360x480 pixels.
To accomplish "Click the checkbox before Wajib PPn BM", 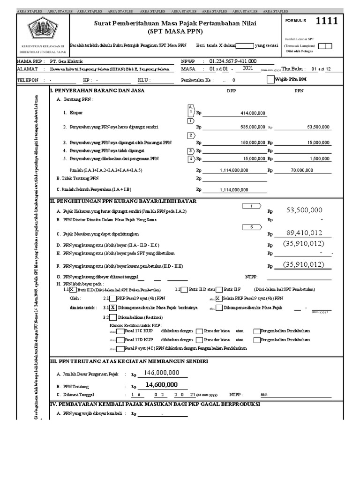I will pyautogui.click(x=269, y=80).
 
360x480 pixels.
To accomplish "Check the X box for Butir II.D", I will pyautogui.click(x=72, y=289).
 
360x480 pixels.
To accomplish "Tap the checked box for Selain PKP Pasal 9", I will pyautogui.click(x=218, y=298).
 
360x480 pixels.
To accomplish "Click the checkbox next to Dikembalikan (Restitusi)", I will pyautogui.click(x=113, y=317).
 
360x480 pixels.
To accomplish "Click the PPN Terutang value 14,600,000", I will pyautogui.click(x=162, y=384).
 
